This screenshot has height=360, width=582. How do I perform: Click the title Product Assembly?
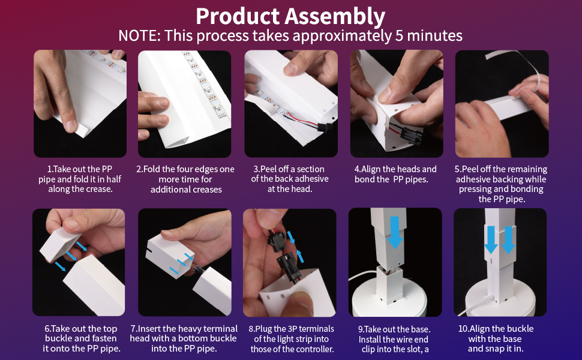[290, 16]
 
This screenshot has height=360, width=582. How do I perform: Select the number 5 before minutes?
[401, 35]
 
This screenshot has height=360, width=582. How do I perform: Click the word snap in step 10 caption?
[504, 349]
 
